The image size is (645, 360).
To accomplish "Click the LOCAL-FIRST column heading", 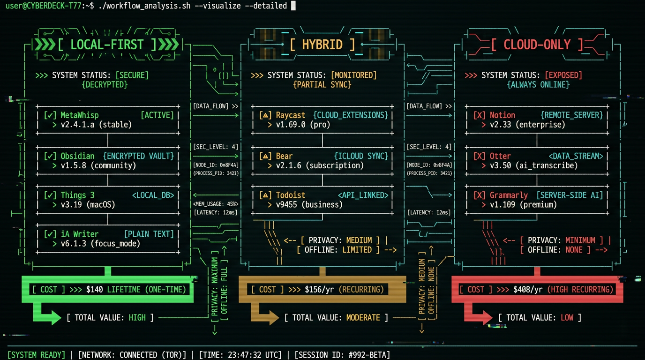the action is tap(107, 45).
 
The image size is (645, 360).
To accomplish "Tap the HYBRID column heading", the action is tap(322, 45).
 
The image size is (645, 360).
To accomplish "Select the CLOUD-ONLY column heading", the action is tap(537, 45).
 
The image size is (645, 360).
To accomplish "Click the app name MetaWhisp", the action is tap(80, 115).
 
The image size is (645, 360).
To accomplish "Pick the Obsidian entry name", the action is tap(77, 156).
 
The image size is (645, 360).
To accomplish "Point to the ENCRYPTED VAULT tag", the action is tap(138, 156).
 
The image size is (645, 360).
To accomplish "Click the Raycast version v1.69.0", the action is tap(291, 125).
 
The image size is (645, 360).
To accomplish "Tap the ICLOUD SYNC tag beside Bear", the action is tap(361, 156).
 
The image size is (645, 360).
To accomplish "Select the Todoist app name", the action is tap(291, 195).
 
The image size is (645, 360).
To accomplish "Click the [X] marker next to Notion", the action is tap(480, 115).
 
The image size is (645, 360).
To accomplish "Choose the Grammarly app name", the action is tap(509, 195).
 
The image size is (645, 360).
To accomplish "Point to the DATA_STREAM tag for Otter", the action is tap(576, 156).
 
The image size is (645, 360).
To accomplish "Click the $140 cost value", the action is tap(94, 289).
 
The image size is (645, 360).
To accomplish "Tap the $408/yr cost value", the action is tap(529, 289).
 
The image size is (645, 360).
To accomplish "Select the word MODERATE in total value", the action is tap(363, 318).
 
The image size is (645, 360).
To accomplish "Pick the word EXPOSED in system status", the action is tap(563, 75).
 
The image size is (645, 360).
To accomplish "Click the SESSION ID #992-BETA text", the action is tap(342, 355).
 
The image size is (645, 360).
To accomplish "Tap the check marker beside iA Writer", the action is tap(50, 234).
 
